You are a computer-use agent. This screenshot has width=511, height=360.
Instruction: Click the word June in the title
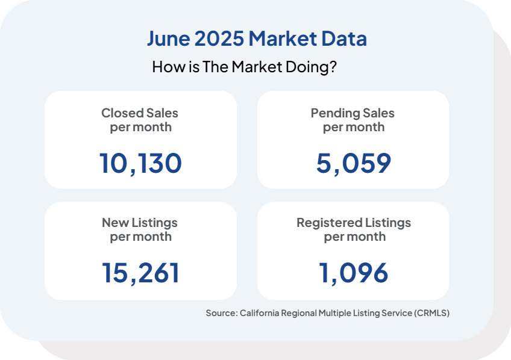click(x=168, y=39)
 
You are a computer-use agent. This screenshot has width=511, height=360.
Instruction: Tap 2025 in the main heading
click(x=219, y=39)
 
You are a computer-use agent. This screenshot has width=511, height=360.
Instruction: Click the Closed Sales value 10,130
click(x=140, y=163)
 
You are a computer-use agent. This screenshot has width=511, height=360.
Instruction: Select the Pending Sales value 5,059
click(x=354, y=163)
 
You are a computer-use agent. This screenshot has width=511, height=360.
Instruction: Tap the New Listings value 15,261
click(x=140, y=273)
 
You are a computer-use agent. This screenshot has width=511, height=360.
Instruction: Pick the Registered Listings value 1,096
click(x=354, y=273)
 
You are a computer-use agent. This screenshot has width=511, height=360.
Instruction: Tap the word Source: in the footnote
click(x=221, y=313)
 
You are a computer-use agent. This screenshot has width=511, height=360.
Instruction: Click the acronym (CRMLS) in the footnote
click(x=431, y=313)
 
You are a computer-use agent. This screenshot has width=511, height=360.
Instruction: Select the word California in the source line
click(x=259, y=313)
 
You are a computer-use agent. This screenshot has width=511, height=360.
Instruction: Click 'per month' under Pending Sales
click(x=354, y=127)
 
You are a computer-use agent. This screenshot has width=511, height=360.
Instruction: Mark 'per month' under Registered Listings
click(x=354, y=237)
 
